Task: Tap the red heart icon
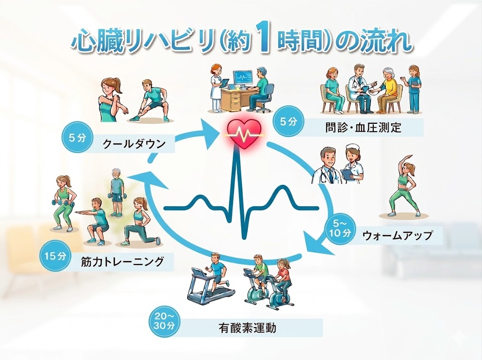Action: point(243,133)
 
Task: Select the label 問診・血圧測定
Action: point(363,127)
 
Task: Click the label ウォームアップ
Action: point(397,235)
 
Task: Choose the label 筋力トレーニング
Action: point(122,262)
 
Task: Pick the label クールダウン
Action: point(134,144)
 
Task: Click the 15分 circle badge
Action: point(56,256)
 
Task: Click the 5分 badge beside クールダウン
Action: point(77,138)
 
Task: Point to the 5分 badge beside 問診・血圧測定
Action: point(288,122)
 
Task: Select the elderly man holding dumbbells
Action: point(116,192)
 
